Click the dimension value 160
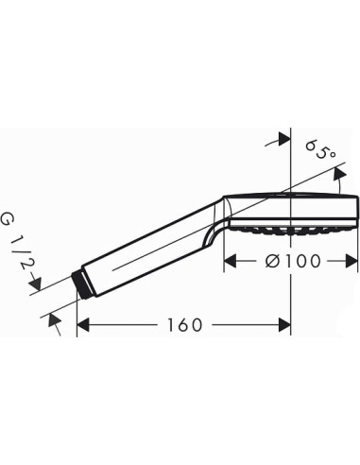[182, 326]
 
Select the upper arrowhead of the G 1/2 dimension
[37, 256]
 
